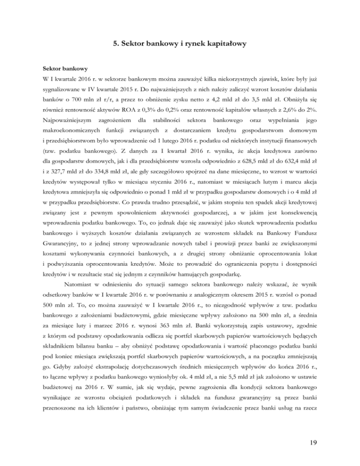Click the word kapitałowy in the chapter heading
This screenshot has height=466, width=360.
tap(222, 45)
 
